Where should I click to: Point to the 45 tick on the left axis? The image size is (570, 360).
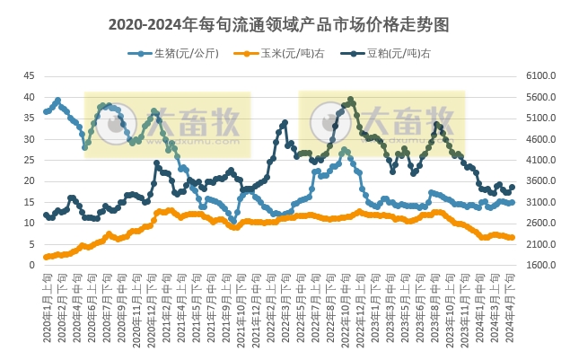(x=29, y=75)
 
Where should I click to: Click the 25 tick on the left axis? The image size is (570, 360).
(x=29, y=160)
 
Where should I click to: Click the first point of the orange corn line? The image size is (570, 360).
(x=46, y=258)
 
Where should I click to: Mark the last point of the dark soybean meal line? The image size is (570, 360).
(x=513, y=188)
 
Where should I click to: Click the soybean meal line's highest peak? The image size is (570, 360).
(x=350, y=100)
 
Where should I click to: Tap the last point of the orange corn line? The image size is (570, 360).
(x=513, y=238)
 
